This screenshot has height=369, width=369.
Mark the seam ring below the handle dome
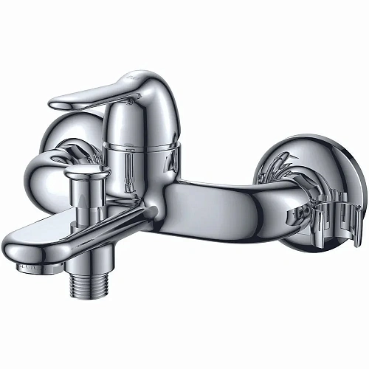(x=140, y=146)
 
